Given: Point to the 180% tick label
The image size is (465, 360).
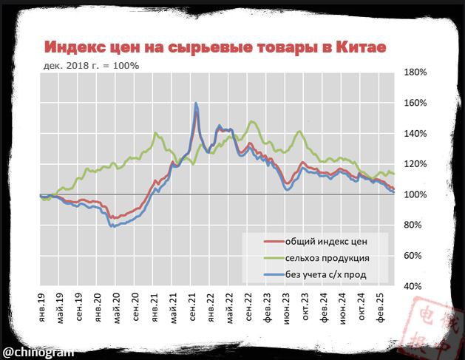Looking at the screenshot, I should [x=417, y=73].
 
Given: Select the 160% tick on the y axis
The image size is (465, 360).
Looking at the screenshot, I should [x=417, y=103].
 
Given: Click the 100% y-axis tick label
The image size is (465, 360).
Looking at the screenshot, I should [x=417, y=194].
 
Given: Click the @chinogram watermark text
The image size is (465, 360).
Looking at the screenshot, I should [x=38, y=350].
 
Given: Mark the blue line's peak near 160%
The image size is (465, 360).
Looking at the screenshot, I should [x=195, y=103].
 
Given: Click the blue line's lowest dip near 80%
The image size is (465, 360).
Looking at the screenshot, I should [x=112, y=226].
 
